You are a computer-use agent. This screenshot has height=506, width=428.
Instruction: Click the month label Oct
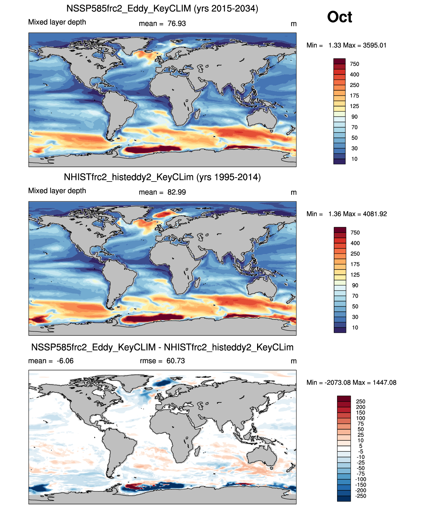(339, 17)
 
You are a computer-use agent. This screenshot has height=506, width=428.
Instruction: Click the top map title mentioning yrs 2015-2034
(162, 8)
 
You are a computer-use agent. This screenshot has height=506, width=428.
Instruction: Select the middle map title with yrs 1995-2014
(162, 177)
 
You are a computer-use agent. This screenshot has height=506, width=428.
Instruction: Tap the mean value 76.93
(177, 24)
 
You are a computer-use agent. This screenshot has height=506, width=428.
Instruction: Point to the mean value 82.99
(177, 192)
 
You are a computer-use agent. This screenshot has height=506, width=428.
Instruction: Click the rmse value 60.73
(176, 361)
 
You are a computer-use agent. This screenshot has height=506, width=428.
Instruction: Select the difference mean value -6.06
(65, 361)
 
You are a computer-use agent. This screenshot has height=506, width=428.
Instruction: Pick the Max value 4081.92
(375, 214)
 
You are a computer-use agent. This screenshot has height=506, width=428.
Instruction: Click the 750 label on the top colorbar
(354, 64)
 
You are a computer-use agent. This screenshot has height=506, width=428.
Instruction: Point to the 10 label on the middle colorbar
(355, 327)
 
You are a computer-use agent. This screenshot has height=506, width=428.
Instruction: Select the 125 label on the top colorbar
(354, 106)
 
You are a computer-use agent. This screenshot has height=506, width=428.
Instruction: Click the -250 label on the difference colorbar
(361, 496)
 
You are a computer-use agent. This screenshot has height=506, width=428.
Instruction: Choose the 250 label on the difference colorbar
(361, 402)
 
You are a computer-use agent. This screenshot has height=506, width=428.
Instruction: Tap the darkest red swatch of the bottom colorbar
(344, 399)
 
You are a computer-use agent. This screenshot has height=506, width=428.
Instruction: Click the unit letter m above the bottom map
(293, 361)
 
